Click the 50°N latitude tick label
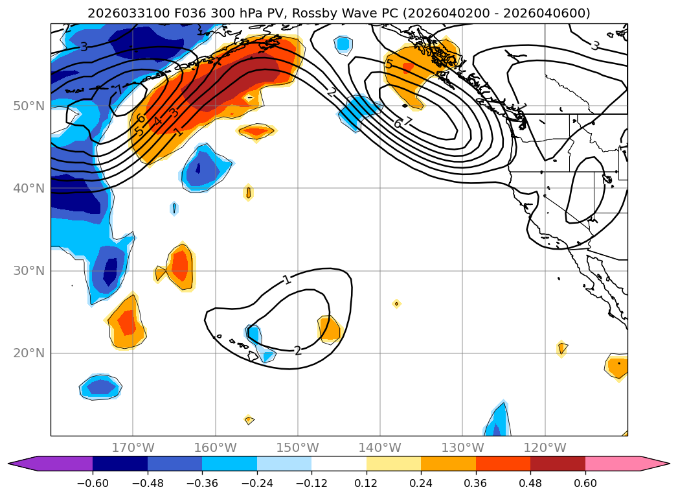[x=28, y=106]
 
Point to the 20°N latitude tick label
[x=28, y=353]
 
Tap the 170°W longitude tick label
[x=133, y=448]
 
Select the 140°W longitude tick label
[x=380, y=448]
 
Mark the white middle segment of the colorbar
[x=339, y=463]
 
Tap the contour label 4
[x=157, y=121]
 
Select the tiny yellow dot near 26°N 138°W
[x=396, y=303]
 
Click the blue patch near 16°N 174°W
[x=100, y=388]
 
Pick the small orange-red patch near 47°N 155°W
[x=256, y=131]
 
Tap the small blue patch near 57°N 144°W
[x=343, y=44]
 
